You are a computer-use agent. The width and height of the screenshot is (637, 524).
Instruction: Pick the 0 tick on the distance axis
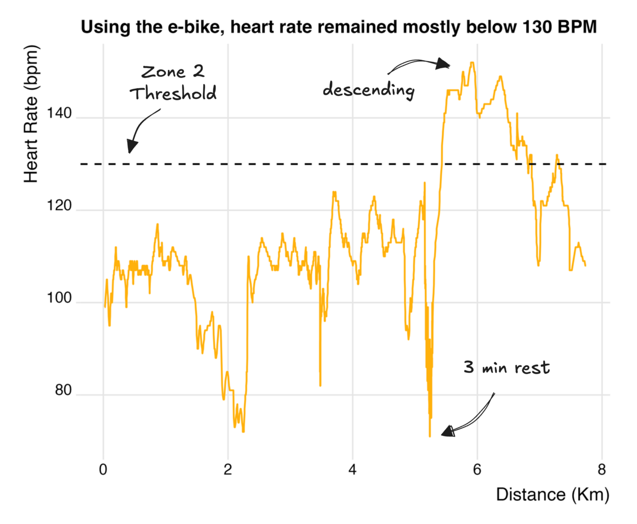click(x=103, y=470)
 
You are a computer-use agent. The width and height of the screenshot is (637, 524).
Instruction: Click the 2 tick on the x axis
click(x=228, y=470)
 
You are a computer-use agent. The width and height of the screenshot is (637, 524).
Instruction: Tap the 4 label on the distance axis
click(x=352, y=470)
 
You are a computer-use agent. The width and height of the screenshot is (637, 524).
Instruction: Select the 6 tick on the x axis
click(x=477, y=470)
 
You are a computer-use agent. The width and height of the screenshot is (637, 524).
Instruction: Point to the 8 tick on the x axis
click(x=601, y=470)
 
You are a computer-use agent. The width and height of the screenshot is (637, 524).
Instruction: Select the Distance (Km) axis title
click(x=552, y=495)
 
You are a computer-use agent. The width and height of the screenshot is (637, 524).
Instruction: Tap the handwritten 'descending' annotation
click(x=368, y=90)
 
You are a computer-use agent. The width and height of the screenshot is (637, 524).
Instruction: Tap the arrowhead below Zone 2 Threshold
click(x=131, y=147)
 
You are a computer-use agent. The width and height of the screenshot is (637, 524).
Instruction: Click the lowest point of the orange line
click(x=429, y=436)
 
